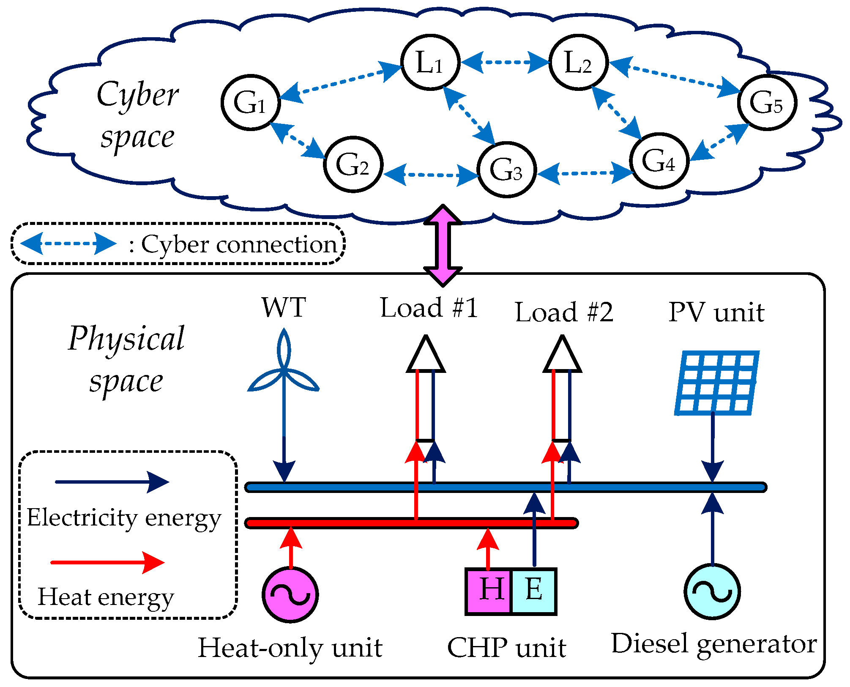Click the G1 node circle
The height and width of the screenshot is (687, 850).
click(x=251, y=102)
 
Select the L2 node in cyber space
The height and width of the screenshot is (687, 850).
click(x=578, y=62)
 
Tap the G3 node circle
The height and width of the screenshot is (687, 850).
click(x=507, y=170)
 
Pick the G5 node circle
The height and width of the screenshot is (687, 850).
click(x=767, y=102)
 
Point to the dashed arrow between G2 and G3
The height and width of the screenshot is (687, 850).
click(x=430, y=174)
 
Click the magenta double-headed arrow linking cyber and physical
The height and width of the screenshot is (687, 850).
click(x=443, y=245)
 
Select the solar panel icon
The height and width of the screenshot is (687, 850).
click(x=716, y=383)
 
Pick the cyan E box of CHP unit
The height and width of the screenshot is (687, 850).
click(x=534, y=591)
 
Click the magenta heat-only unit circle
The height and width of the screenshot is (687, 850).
click(x=290, y=594)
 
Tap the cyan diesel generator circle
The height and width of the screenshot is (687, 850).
click(x=712, y=591)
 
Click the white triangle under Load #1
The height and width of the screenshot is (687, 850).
click(x=426, y=357)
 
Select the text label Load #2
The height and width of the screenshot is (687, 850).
click(x=564, y=312)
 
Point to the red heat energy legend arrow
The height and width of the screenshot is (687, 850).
click(x=108, y=562)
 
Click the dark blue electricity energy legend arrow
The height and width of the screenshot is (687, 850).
click(x=112, y=482)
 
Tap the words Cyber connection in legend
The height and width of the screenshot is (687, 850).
click(x=238, y=244)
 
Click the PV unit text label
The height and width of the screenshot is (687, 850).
click(x=716, y=312)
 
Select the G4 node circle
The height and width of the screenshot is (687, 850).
click(x=659, y=161)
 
